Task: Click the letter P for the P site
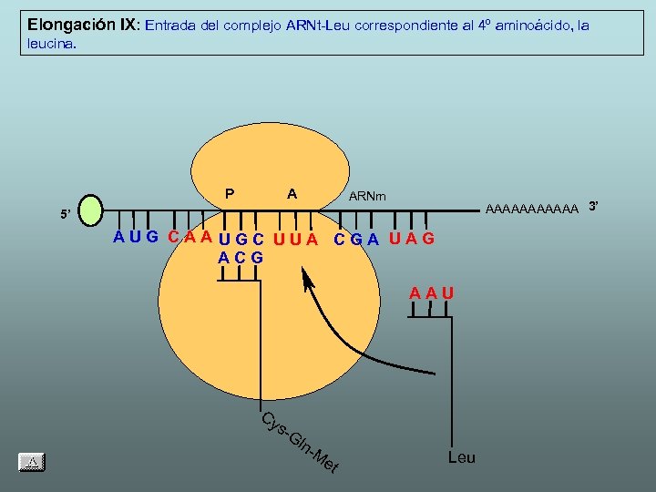click(x=230, y=193)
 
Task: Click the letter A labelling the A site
click(x=292, y=193)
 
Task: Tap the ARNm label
click(x=367, y=196)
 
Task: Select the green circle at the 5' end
click(x=92, y=210)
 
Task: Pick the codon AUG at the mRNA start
click(x=136, y=238)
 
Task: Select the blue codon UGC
click(x=242, y=240)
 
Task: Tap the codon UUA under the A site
click(x=296, y=240)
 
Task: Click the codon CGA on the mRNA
click(x=357, y=240)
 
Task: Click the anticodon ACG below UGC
click(x=241, y=258)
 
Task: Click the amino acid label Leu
click(x=461, y=456)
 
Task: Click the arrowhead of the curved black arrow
click(x=307, y=276)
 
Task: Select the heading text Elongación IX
click(x=83, y=25)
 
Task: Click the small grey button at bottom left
click(x=33, y=462)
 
